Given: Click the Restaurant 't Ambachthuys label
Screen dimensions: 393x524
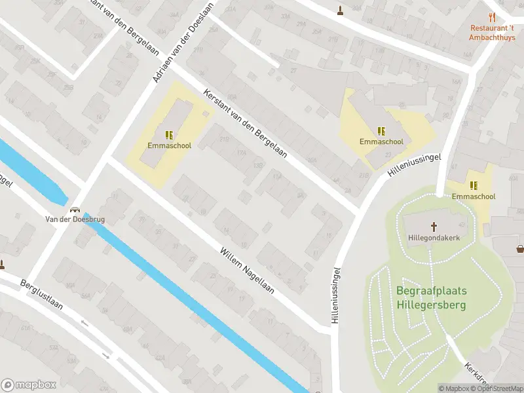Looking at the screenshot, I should (x=491, y=32).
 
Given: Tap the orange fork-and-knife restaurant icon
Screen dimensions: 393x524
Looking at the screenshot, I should (x=492, y=18).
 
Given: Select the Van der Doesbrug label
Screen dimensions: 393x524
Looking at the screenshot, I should (x=75, y=219).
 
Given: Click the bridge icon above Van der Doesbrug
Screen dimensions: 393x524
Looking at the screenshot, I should (x=75, y=210).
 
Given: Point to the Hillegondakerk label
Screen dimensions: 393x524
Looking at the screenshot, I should (x=433, y=237).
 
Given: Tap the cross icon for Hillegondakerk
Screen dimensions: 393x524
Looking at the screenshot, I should (x=433, y=227).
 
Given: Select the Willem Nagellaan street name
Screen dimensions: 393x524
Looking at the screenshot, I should (x=247, y=269).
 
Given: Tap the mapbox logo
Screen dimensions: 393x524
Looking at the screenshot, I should (x=28, y=384).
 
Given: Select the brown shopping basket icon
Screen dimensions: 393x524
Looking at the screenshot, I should (x=520, y=248).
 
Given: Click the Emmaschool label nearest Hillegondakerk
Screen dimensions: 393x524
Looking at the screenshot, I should (x=473, y=196).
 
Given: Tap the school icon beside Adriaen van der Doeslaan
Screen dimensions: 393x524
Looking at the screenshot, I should (x=169, y=135).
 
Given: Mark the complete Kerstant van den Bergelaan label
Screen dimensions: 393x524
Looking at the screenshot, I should (x=246, y=122).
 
